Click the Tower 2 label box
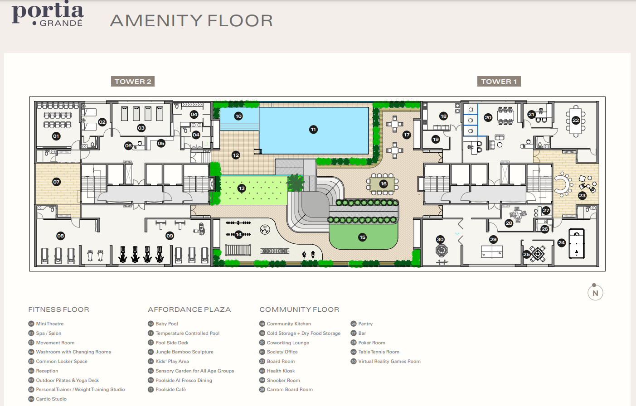point(133,82)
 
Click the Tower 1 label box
point(499,82)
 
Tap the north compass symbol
point(595,293)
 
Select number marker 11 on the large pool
point(313,130)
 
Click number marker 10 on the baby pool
point(238,116)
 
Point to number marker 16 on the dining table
point(384,184)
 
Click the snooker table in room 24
point(577,244)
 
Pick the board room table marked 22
point(576,121)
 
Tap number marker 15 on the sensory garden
point(362,237)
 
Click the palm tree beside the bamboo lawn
point(296,183)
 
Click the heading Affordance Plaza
point(189,309)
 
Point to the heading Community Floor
point(299,309)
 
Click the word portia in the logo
point(48,11)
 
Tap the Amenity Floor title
point(191,21)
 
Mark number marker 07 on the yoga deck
point(56,182)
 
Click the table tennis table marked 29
point(492,251)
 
